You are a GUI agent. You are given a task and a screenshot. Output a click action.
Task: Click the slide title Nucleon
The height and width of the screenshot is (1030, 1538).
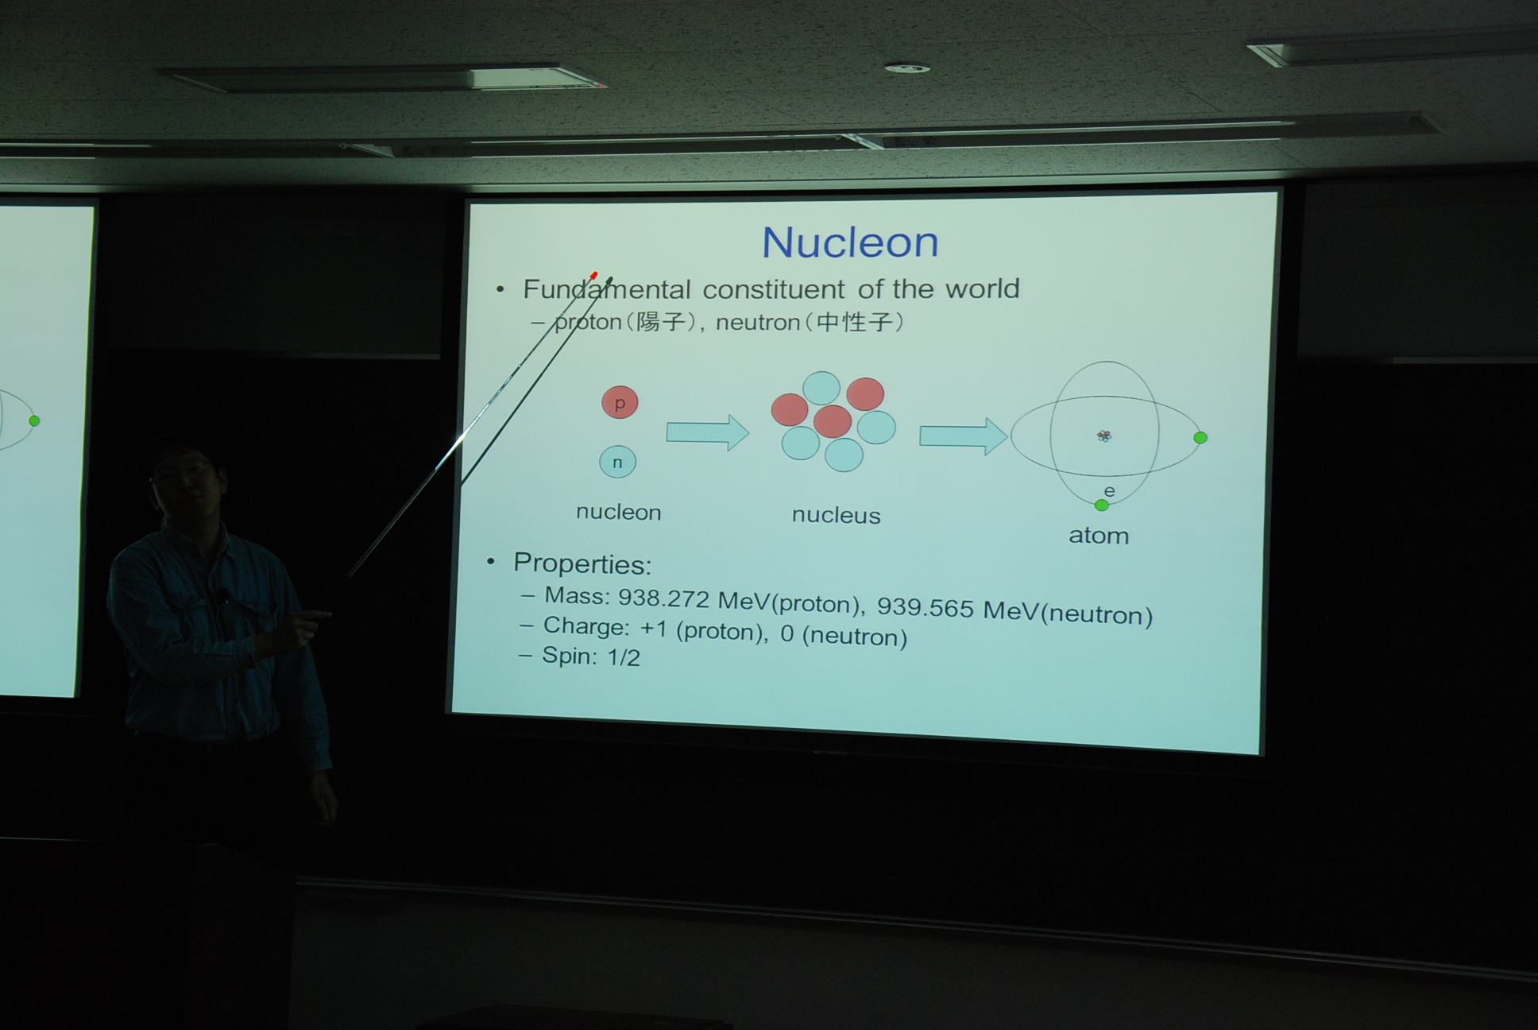click(850, 242)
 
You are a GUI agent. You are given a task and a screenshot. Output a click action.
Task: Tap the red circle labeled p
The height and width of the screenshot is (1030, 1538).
click(620, 402)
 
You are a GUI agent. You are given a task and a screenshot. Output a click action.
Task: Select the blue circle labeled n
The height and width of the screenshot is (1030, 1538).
click(617, 462)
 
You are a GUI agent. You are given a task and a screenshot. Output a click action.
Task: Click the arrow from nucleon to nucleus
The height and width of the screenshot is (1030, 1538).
click(707, 433)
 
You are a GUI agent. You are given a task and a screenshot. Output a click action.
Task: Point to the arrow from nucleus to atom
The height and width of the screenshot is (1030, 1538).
click(964, 436)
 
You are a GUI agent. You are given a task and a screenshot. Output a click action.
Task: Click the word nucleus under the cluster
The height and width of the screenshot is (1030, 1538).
click(836, 516)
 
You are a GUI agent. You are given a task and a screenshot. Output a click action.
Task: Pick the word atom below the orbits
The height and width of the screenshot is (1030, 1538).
click(1099, 536)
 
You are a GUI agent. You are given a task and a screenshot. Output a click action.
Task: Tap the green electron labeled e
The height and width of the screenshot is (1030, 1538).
click(1101, 505)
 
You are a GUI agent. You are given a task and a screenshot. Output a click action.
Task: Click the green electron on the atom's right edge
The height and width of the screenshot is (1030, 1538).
click(1200, 438)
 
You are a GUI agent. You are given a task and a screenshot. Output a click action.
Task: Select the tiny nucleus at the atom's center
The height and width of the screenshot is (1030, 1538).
click(1104, 436)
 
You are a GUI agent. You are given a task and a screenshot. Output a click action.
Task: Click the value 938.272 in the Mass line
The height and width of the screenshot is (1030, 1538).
click(663, 598)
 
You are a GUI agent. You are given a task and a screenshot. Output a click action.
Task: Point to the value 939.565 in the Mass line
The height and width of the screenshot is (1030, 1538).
click(925, 608)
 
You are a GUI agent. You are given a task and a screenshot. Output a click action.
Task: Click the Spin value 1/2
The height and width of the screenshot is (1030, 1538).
click(624, 657)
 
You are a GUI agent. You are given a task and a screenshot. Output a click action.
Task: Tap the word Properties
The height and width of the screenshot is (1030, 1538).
click(582, 564)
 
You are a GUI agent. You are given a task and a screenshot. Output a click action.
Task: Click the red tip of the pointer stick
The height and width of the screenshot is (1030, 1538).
click(594, 276)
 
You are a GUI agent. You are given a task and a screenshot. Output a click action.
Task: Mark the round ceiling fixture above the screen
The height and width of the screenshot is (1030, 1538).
click(906, 69)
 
